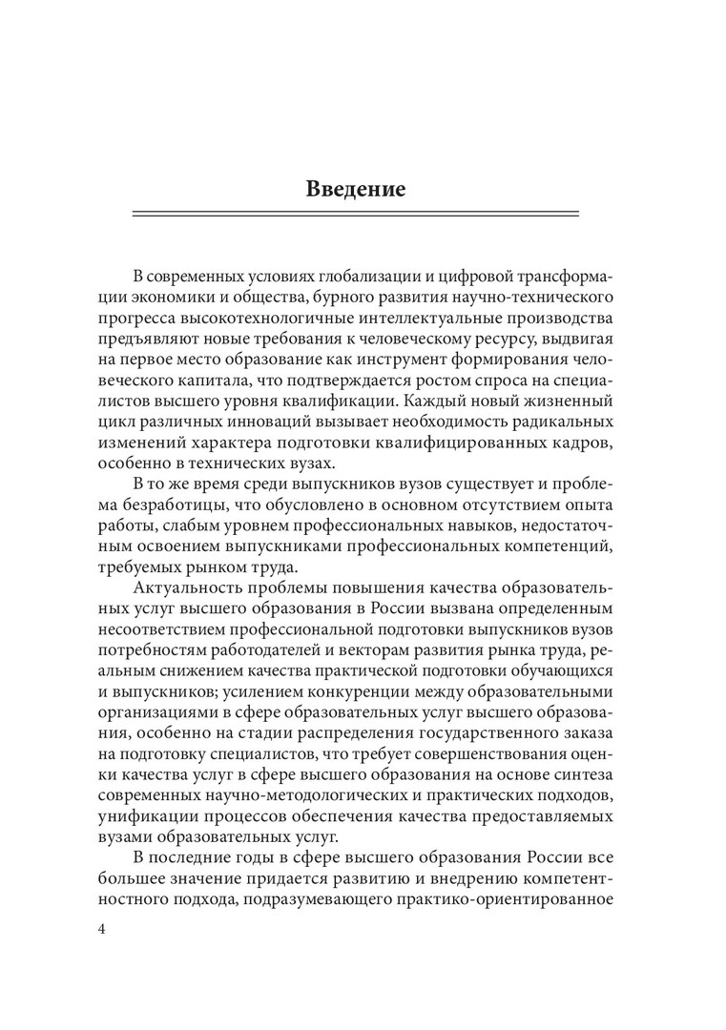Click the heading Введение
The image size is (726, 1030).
pyautogui.click(x=356, y=188)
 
